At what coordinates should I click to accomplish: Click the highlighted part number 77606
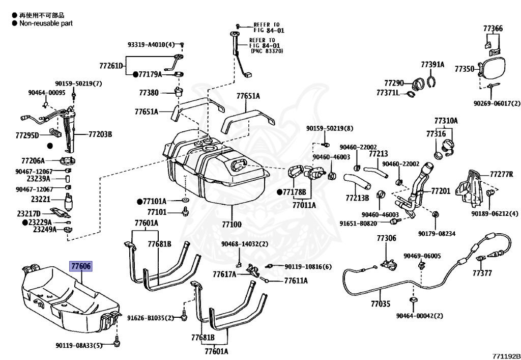click(x=81, y=266)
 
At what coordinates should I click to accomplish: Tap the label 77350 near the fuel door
click(x=464, y=68)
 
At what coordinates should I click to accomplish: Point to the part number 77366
click(x=493, y=29)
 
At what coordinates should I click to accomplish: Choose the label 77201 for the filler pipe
click(x=441, y=191)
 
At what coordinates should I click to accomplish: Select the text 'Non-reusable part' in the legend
click(x=46, y=23)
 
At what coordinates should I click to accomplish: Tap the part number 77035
click(x=380, y=304)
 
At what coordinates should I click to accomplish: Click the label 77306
click(x=386, y=238)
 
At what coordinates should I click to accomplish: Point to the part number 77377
click(x=482, y=273)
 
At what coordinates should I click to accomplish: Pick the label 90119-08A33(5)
click(x=79, y=346)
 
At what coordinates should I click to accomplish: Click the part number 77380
click(x=149, y=93)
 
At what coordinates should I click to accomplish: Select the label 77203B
click(x=100, y=134)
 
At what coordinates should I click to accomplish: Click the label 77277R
click(x=502, y=174)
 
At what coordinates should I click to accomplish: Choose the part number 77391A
click(x=432, y=65)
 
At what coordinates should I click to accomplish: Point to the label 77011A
click(x=304, y=205)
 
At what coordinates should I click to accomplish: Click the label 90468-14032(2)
click(x=244, y=244)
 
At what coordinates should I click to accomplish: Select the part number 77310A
click(x=446, y=121)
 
